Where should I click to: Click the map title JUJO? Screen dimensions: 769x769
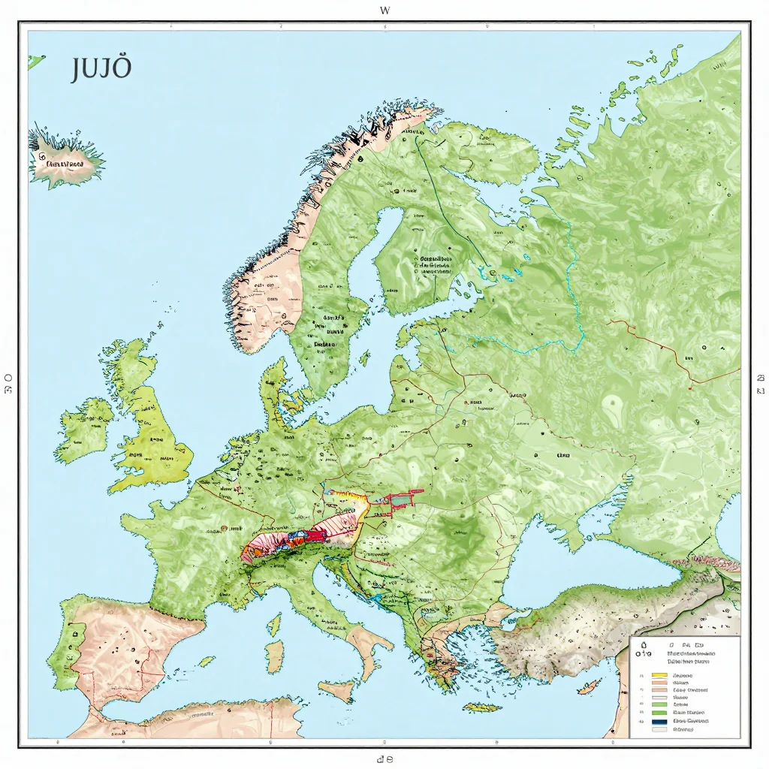click(101, 69)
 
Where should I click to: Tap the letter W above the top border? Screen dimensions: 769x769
click(385, 11)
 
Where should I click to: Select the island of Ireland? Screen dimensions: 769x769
click(83, 430)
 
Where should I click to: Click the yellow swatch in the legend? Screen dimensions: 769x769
click(659, 675)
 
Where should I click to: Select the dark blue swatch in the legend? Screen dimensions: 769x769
click(659, 720)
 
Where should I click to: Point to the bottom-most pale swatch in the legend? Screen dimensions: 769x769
click(659, 729)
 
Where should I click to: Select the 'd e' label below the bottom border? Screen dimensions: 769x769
click(385, 759)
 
